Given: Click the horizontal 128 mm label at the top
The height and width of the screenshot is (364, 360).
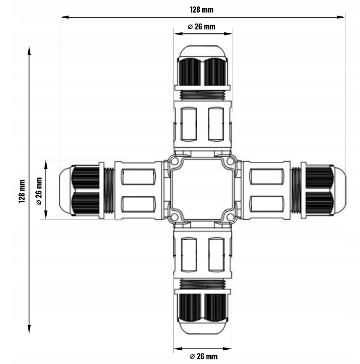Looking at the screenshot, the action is pyautogui.click(x=201, y=10).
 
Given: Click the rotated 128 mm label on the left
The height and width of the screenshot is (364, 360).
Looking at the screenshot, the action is pyautogui.click(x=22, y=191).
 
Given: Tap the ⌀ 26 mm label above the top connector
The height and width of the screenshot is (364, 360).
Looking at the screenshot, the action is pyautogui.click(x=201, y=27).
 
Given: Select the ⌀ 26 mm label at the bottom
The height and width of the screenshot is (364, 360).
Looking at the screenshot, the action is pyautogui.click(x=204, y=356).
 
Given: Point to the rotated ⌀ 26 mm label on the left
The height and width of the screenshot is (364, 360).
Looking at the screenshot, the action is pyautogui.click(x=39, y=191).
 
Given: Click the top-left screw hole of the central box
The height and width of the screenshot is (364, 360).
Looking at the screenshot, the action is pyautogui.click(x=175, y=161).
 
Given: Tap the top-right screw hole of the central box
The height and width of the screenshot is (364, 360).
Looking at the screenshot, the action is pyautogui.click(x=230, y=161).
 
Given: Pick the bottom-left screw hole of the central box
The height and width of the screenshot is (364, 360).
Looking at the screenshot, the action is pyautogui.click(x=175, y=217).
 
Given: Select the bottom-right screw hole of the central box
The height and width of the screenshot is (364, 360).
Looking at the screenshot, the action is pyautogui.click(x=230, y=217).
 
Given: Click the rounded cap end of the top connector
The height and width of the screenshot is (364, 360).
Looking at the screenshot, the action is pyautogui.click(x=203, y=51).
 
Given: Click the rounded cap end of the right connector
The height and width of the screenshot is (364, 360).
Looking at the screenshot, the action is pyautogui.click(x=340, y=190).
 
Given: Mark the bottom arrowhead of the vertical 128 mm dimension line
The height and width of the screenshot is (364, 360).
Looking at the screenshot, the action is pyautogui.click(x=29, y=329).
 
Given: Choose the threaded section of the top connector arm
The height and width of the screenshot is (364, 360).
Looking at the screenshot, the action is pyautogui.click(x=203, y=96).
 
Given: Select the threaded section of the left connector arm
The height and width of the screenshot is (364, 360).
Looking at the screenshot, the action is pyautogui.click(x=109, y=190).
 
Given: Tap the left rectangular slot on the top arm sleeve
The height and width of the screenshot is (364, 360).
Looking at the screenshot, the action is pyautogui.click(x=188, y=124).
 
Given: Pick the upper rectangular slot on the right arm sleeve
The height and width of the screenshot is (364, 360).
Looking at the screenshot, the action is pyautogui.click(x=267, y=177).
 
